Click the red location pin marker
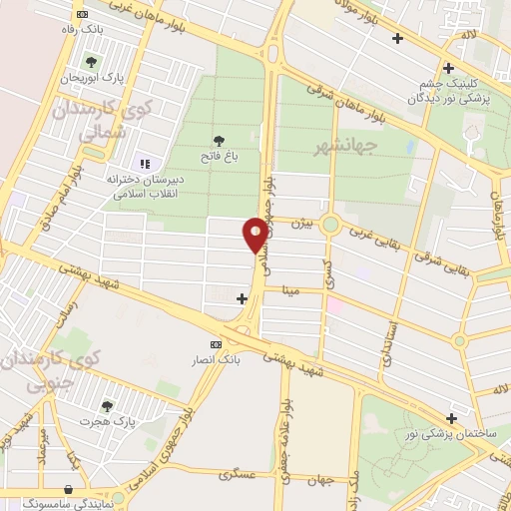click(x=255, y=234)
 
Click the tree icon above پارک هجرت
click(x=107, y=406)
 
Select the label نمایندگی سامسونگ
click(x=66, y=504)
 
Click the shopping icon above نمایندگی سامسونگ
click(x=66, y=489)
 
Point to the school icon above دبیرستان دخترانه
click(x=144, y=163)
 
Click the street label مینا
click(x=290, y=292)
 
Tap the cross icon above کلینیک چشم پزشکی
click(x=449, y=68)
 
